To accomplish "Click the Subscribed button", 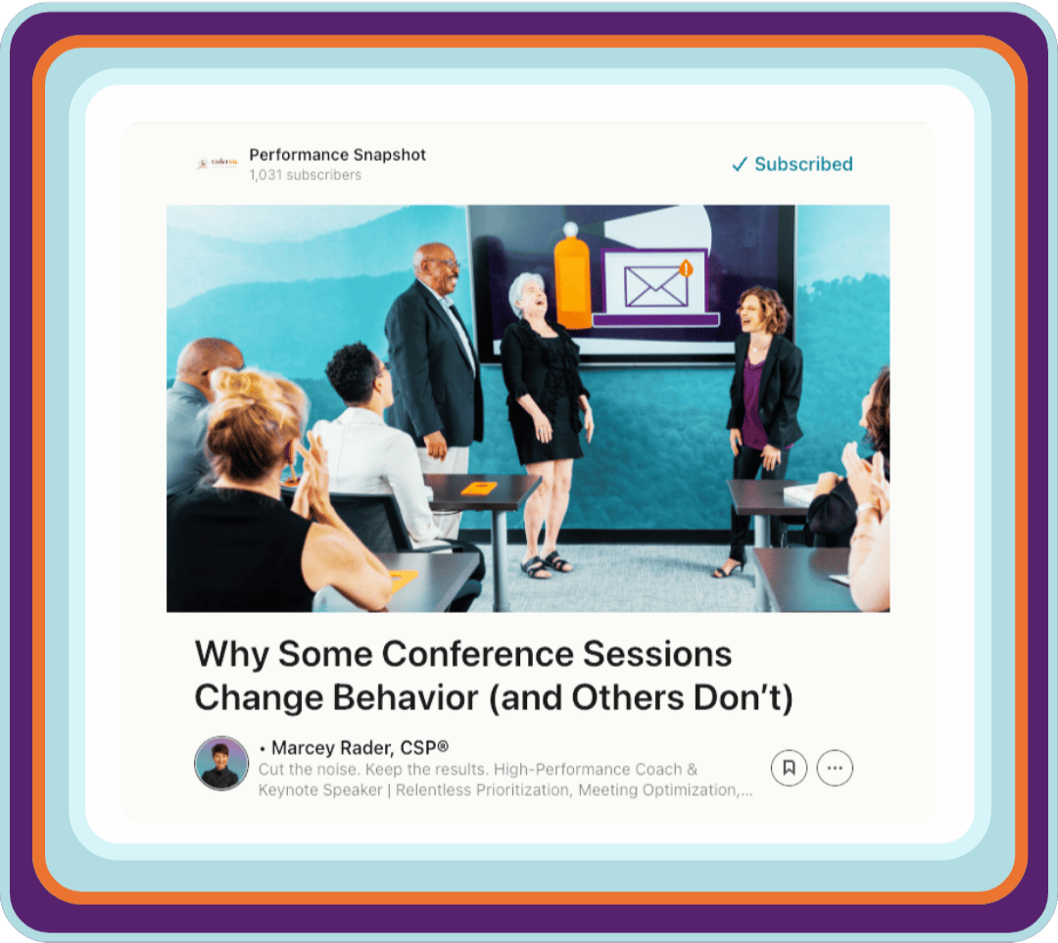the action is [x=793, y=164].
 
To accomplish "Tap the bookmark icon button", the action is [x=789, y=768].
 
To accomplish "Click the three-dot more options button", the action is [x=835, y=768].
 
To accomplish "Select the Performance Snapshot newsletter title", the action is [x=337, y=155].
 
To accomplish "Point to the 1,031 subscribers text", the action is [x=305, y=174].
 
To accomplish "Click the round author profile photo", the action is [x=221, y=763].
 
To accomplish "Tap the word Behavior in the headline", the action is [x=405, y=697].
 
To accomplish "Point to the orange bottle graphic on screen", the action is [x=572, y=276].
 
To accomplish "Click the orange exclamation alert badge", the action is [x=686, y=268].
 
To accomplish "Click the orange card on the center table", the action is [x=480, y=487].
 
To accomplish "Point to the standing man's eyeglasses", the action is [x=448, y=263].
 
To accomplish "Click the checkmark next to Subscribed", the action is [x=740, y=164].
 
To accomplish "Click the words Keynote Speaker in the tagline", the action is [x=319, y=790].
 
